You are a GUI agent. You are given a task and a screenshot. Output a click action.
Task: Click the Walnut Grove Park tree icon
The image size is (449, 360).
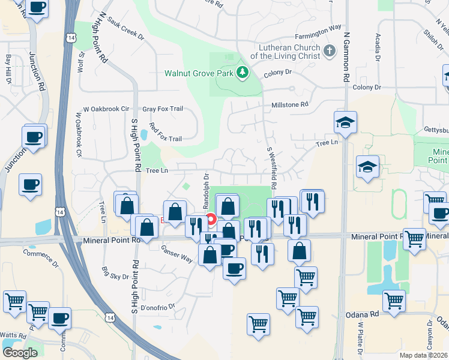tap(243, 73)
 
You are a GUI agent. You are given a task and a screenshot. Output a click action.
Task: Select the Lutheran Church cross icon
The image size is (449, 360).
tap(329, 51)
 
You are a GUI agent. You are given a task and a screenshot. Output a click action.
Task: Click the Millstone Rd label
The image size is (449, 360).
tap(289, 104)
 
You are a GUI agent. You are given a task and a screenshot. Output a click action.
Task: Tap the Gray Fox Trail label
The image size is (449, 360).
tap(162, 109)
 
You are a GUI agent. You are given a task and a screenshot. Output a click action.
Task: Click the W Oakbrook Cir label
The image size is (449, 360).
tap(106, 109)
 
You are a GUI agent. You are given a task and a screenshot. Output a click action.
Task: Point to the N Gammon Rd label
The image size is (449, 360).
tap(346, 57)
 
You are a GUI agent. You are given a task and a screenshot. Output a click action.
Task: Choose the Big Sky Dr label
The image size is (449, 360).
tap(115, 272)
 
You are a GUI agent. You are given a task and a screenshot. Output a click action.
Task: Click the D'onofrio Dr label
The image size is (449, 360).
tap(157, 306)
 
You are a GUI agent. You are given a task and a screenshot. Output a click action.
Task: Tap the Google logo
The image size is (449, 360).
tap(20, 353)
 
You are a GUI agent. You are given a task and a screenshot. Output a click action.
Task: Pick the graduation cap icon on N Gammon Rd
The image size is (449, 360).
tap(345, 123)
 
